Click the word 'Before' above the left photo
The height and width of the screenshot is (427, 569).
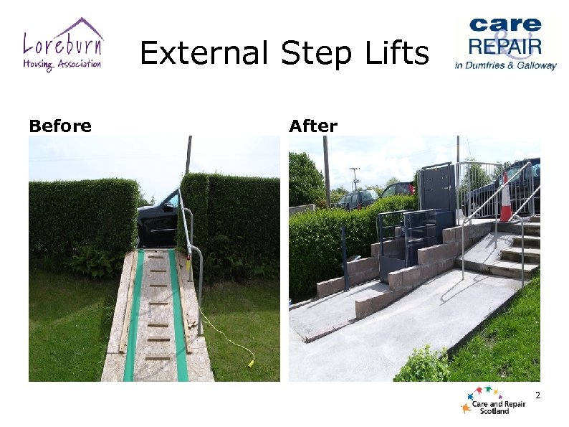[60, 126]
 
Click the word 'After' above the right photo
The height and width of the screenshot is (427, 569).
[313, 126]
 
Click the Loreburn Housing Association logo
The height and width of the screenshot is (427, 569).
[63, 44]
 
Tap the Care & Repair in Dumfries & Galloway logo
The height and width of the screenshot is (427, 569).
[505, 44]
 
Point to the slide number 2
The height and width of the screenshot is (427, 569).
[537, 395]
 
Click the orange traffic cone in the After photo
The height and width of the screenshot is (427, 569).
[506, 197]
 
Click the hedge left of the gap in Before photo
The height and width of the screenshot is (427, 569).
[82, 215]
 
